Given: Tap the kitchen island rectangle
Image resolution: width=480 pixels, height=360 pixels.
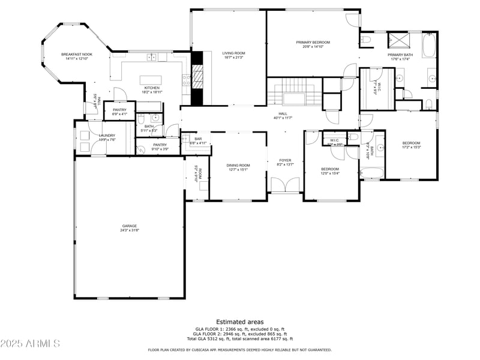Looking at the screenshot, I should tap(149, 80).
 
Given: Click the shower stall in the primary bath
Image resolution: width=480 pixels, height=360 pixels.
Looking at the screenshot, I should tap(397, 41).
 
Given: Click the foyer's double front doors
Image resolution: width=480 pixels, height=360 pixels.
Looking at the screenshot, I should tap(284, 185).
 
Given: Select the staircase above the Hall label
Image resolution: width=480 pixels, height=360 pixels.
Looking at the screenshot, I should tap(293, 94).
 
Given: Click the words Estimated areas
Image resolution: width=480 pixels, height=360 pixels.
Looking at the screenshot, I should tap(239, 322).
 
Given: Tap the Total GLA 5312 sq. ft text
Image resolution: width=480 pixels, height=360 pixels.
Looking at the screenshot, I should tap(239, 339).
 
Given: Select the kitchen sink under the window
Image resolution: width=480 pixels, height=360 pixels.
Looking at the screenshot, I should tap(154, 58).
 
